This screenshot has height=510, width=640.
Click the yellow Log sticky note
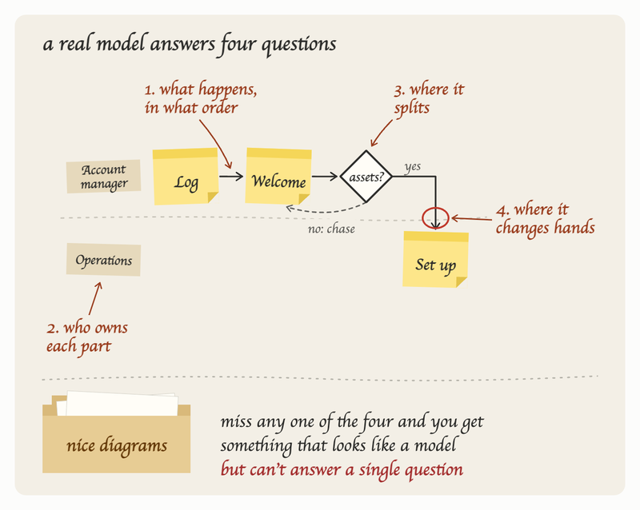point(186,176)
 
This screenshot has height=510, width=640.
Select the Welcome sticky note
point(278,176)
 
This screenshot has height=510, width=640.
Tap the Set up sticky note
point(435,260)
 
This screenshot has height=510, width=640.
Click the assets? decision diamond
point(366,176)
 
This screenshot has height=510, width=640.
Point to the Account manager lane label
point(104,176)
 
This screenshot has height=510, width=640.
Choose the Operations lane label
point(104,260)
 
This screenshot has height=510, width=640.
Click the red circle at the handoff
point(435,218)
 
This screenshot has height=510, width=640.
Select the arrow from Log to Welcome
point(231,176)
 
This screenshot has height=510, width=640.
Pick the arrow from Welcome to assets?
point(325,176)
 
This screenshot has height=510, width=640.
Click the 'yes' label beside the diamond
point(413,167)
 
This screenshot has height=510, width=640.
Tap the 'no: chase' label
point(331,229)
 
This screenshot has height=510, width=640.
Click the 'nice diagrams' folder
point(116,432)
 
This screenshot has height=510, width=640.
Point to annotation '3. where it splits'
point(429,99)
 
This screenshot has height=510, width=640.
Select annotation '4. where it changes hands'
point(545,219)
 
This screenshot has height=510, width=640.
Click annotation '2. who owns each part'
point(87,337)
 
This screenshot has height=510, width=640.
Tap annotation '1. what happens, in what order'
point(201,98)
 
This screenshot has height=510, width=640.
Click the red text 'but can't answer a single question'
point(342,469)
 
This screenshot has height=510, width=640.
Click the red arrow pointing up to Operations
point(95,298)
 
